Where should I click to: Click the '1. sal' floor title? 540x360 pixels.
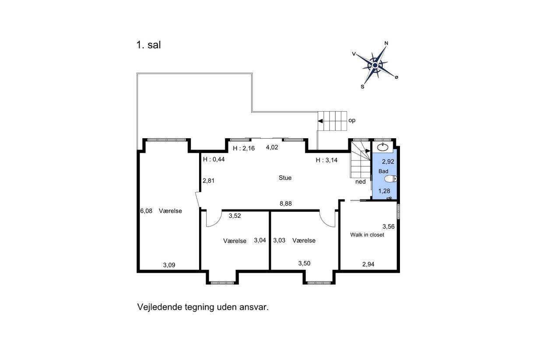coord(148,45)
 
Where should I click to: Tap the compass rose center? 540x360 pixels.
coord(375,65)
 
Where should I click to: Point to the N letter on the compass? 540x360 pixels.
coord(386,43)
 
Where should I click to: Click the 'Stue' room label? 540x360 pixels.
coord(285,178)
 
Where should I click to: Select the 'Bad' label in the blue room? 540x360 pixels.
coord(383,171)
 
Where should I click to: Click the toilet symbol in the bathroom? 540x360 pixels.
coord(390,179)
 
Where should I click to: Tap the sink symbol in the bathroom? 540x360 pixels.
coord(382,147)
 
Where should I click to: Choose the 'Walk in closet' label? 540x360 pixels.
coord(367,235)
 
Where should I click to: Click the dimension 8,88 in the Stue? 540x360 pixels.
coord(286,203)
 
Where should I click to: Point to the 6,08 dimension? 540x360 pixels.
coord(146,211)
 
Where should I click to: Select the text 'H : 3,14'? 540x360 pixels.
coord(326,160)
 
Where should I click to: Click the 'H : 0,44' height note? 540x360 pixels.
coord(214,159)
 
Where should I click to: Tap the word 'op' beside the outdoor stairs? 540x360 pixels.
coord(352,120)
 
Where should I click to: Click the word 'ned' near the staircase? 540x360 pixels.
coord(361,182)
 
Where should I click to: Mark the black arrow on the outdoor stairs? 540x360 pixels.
coord(320,121)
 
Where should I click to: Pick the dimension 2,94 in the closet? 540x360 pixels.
coord(368,264)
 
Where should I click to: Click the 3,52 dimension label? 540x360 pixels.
coord(235,216)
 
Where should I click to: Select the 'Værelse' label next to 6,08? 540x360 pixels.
coord(170,211)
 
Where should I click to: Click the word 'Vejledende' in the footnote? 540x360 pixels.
coord(160,307)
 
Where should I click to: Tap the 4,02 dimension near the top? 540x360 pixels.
coord(272,147)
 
